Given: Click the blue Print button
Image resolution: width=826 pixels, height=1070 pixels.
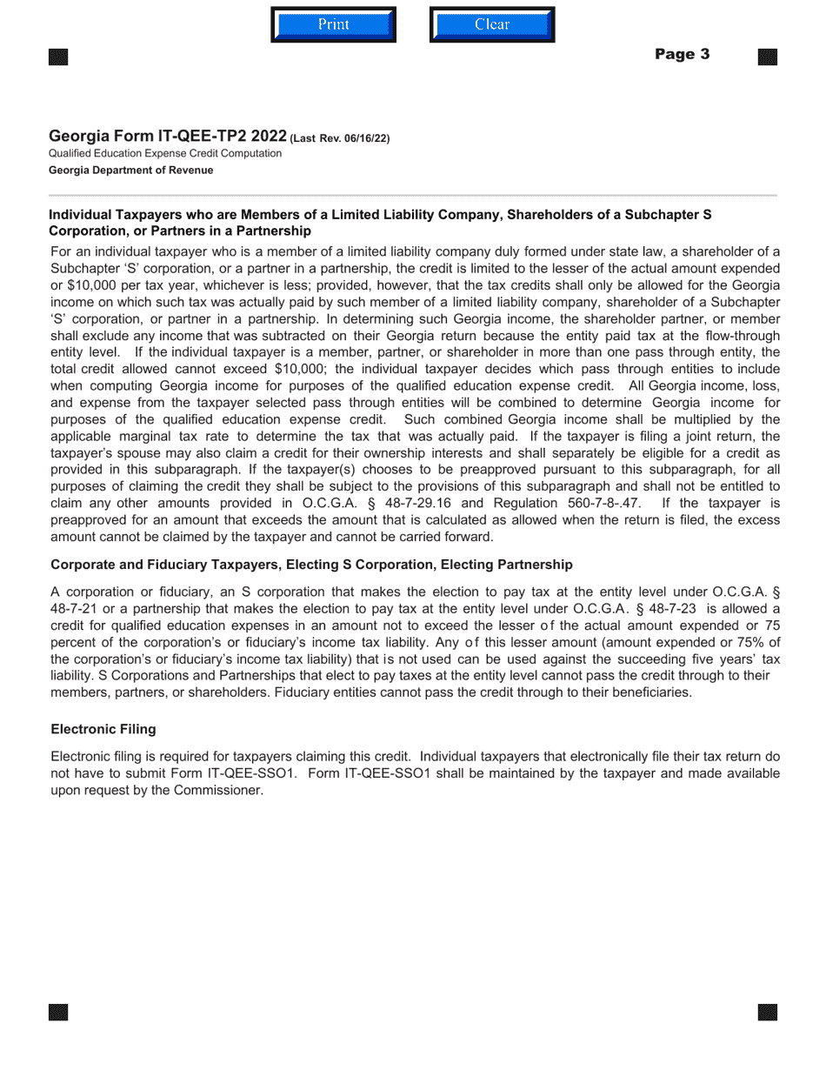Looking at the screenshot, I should [x=333, y=24].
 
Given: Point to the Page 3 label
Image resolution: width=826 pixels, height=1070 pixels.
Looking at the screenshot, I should [x=682, y=54].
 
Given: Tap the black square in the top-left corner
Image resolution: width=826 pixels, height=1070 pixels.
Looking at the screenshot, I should [x=58, y=57].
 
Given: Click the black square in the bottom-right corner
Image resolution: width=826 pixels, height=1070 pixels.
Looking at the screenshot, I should [x=767, y=1013].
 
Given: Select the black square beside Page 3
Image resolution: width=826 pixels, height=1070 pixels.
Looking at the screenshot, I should [x=767, y=57].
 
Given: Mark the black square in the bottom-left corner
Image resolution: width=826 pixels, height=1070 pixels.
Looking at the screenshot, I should [x=58, y=1013].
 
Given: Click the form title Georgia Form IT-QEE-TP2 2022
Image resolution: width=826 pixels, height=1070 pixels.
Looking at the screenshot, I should [x=167, y=136].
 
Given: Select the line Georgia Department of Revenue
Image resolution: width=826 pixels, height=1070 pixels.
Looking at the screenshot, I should [x=130, y=171].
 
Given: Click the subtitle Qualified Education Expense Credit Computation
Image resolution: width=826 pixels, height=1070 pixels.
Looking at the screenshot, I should [x=165, y=153].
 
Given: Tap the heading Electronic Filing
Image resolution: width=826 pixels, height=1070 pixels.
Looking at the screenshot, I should [x=103, y=729].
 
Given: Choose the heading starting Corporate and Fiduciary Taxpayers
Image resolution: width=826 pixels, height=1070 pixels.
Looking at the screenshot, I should [x=311, y=565].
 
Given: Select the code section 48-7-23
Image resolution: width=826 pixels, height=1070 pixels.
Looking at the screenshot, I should [x=669, y=608].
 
